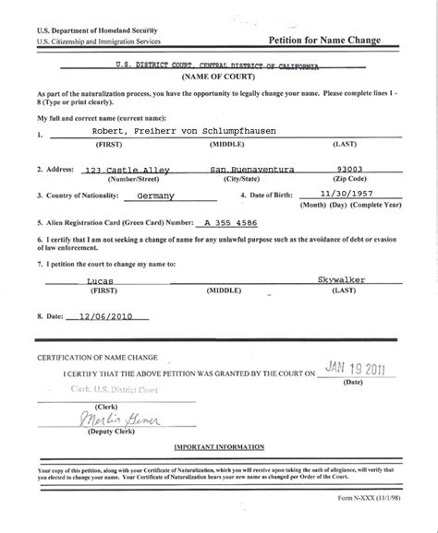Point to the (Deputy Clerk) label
104,433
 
